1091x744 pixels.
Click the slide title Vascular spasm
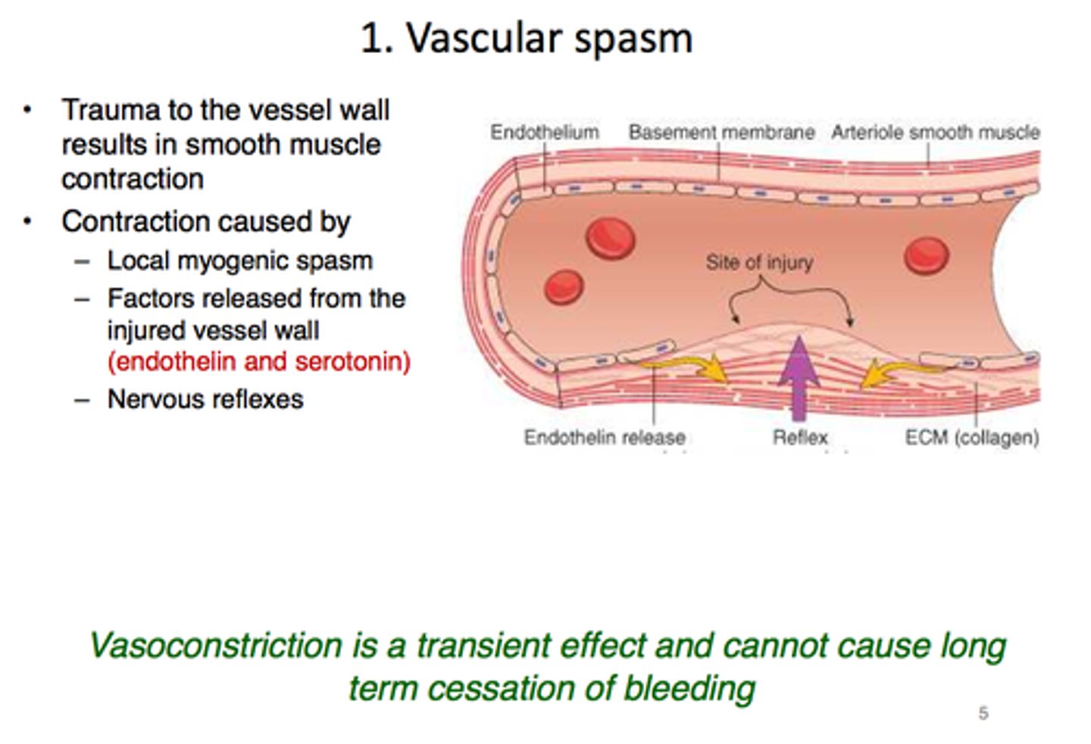click(x=527, y=38)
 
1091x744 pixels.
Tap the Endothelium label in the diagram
click(x=544, y=133)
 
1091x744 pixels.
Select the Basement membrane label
click(x=721, y=133)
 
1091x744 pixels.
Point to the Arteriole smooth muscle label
click(x=935, y=133)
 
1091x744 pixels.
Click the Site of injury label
click(x=759, y=262)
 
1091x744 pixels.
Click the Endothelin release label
click(x=604, y=437)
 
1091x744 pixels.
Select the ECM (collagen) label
click(x=971, y=437)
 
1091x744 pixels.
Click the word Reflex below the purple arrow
click(x=800, y=437)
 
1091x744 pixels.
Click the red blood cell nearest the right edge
click(x=926, y=255)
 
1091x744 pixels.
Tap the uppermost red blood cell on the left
click(x=611, y=238)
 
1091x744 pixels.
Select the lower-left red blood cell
click(x=564, y=287)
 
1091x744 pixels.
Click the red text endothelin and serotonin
click(x=259, y=361)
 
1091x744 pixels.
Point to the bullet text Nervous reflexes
click(x=205, y=399)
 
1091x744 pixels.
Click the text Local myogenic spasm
click(x=239, y=261)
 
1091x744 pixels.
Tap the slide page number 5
click(x=983, y=713)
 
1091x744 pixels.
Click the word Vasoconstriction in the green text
click(x=216, y=646)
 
